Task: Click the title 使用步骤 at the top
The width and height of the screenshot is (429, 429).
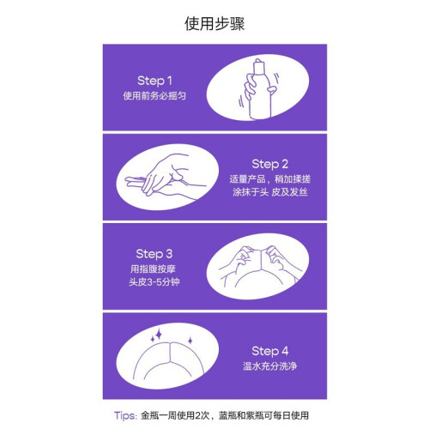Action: [x=214, y=23]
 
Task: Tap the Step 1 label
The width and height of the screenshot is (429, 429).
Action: [x=154, y=81]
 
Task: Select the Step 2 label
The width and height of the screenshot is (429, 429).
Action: [x=269, y=165]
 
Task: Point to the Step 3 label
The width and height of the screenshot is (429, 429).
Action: [x=154, y=254]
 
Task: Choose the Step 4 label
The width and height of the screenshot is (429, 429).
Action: [x=269, y=351]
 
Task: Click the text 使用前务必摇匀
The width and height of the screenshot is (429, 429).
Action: [x=154, y=96]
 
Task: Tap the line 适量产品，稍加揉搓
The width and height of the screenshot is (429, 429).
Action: [x=269, y=179]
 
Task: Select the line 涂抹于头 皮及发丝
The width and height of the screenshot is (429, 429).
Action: [x=269, y=192]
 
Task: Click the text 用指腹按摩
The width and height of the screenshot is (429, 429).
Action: [x=153, y=269]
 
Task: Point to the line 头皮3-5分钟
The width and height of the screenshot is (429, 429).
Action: [x=154, y=282]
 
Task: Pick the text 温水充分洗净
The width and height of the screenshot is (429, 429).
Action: [x=269, y=366]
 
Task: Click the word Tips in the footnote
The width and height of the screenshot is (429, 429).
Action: [x=124, y=415]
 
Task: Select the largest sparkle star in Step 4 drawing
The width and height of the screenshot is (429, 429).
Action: [x=159, y=335]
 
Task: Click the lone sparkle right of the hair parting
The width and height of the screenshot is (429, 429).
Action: [x=190, y=341]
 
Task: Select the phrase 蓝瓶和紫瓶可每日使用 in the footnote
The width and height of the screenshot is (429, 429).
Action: [x=263, y=415]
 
